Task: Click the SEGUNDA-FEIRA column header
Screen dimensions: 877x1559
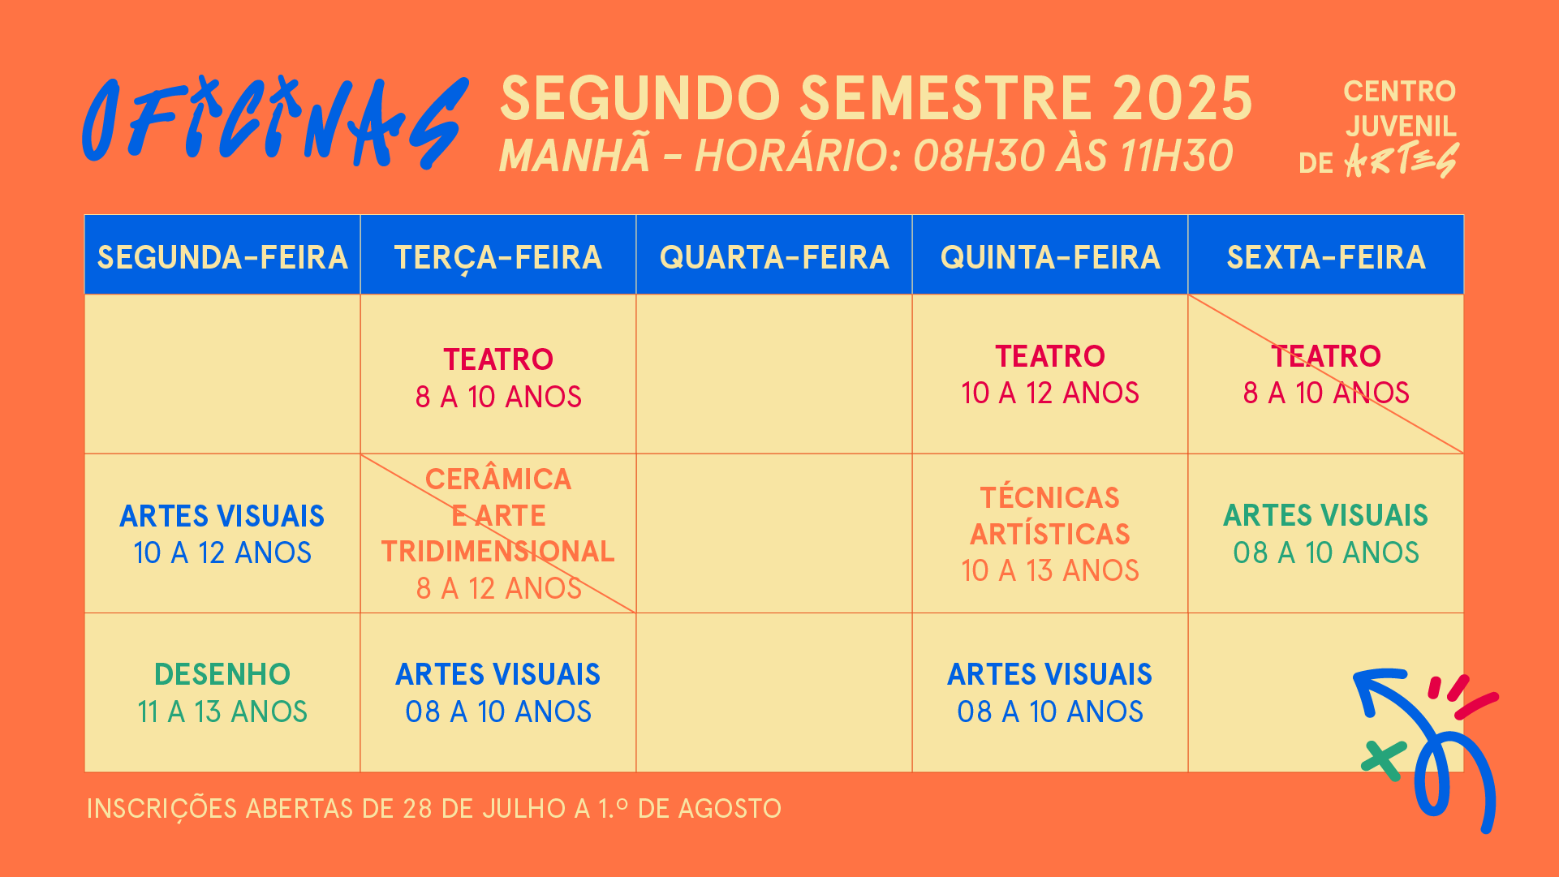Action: tap(222, 257)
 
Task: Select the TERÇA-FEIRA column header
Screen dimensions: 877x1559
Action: tap(497, 257)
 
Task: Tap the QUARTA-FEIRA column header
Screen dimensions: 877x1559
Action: tap(774, 257)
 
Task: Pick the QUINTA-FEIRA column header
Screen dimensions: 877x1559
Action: tap(1050, 257)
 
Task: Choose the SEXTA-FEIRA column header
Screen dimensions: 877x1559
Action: tap(1326, 257)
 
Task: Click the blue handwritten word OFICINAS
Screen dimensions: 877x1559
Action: tap(274, 122)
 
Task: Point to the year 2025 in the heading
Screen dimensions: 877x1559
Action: tap(1182, 99)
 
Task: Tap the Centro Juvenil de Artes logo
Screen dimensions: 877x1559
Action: tap(1388, 128)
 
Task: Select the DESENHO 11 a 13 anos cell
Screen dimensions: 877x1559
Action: tap(222, 693)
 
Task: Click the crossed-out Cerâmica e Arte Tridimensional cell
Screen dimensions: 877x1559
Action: tap(497, 533)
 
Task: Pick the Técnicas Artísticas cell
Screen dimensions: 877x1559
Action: tap(1050, 533)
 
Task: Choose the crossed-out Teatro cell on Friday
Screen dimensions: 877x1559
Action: tap(1326, 374)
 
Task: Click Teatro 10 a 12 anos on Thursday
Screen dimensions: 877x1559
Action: tap(1050, 374)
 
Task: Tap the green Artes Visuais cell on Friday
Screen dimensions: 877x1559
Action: tap(1326, 533)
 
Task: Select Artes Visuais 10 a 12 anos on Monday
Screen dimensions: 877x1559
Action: tap(222, 533)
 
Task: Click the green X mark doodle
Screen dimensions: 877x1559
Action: tap(1383, 761)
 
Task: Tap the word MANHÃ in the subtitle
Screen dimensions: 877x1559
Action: tap(575, 156)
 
